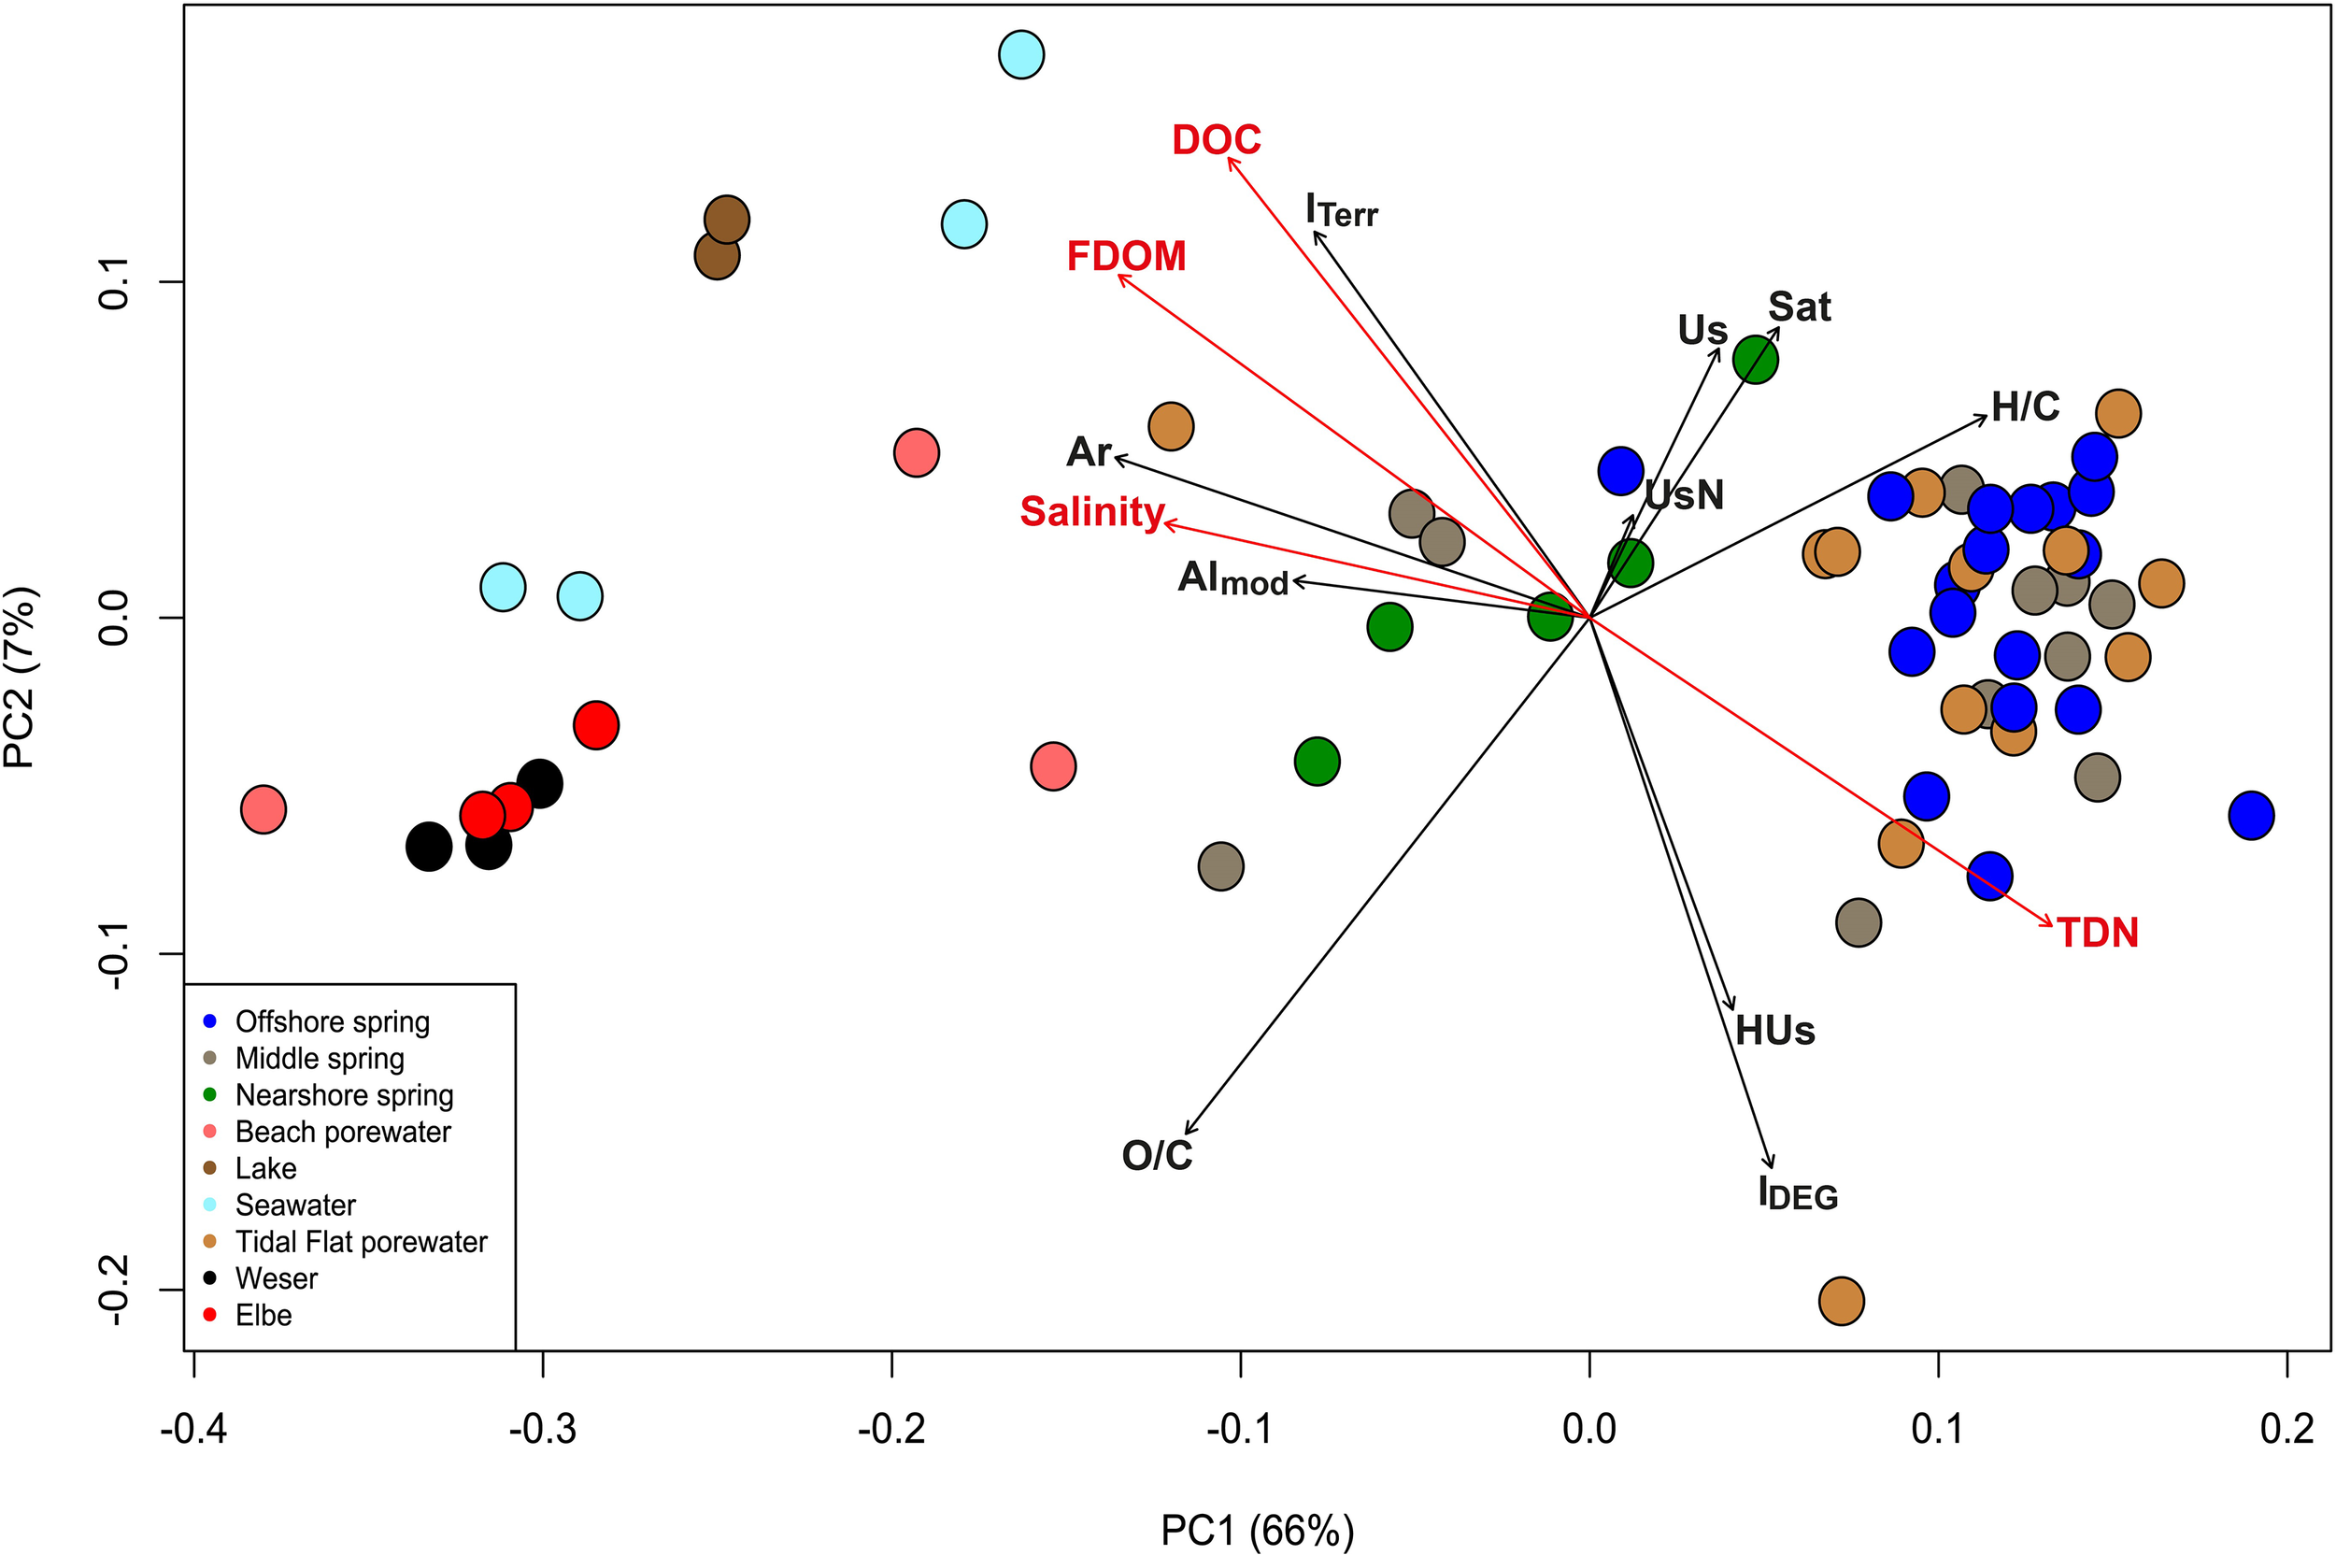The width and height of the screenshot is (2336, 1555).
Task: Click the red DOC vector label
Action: click(x=1216, y=140)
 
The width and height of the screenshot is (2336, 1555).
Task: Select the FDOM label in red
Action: click(x=1125, y=257)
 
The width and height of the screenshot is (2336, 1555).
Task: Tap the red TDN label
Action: click(x=2097, y=934)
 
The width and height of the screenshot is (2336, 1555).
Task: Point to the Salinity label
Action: click(x=1091, y=512)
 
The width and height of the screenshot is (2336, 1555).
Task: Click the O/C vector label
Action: click(x=1156, y=1155)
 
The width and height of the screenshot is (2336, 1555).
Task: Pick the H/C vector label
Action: click(x=2026, y=407)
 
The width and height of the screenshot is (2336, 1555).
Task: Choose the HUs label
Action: click(x=1773, y=1032)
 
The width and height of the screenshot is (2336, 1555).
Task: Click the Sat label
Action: click(x=1799, y=307)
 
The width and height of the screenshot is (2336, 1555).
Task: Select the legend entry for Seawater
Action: click(x=294, y=1205)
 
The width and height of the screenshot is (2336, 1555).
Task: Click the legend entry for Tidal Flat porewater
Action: click(x=360, y=1242)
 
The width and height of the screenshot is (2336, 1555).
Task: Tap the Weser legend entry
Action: click(x=276, y=1278)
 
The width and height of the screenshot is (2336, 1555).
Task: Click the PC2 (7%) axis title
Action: click(x=21, y=678)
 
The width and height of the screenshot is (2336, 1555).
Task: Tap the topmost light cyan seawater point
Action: click(x=1021, y=54)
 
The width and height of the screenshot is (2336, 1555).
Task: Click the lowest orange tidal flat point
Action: click(x=1842, y=1300)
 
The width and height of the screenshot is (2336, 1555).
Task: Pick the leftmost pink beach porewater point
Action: click(x=264, y=810)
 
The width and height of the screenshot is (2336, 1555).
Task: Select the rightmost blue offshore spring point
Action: click(x=2251, y=816)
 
